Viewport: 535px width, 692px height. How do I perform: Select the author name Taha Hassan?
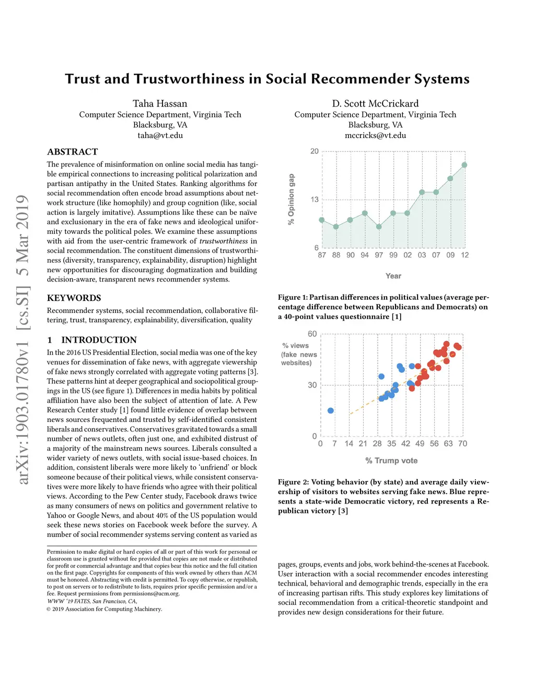pos(160,103)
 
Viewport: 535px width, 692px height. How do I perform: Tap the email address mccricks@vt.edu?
pos(375,135)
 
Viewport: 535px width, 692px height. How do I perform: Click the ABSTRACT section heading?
pos(73,152)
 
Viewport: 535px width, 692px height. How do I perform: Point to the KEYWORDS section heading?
pos(74,298)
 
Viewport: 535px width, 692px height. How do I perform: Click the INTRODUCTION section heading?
pos(99,340)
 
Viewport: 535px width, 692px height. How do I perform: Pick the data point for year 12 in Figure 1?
pos(464,165)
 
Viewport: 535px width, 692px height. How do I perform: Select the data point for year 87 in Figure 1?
pos(322,220)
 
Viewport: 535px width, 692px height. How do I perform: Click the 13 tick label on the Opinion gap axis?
pos(315,200)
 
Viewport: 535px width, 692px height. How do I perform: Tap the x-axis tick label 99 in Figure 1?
pos(393,255)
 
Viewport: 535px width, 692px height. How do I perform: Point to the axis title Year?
pos(393,276)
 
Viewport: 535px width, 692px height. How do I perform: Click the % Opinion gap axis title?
pos(292,200)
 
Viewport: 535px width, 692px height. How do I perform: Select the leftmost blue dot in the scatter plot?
pos(331,410)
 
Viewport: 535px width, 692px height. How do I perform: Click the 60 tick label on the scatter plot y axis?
pos(312,334)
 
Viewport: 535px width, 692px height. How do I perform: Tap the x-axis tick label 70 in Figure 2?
pos(462,443)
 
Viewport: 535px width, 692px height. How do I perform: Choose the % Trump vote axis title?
pos(391,461)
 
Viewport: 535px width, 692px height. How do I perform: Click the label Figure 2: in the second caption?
pos(289,482)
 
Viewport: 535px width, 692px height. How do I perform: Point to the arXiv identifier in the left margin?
pos(22,339)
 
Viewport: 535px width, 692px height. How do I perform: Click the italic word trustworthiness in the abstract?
pos(224,241)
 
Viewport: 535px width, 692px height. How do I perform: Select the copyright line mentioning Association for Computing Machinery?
pos(104,609)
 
